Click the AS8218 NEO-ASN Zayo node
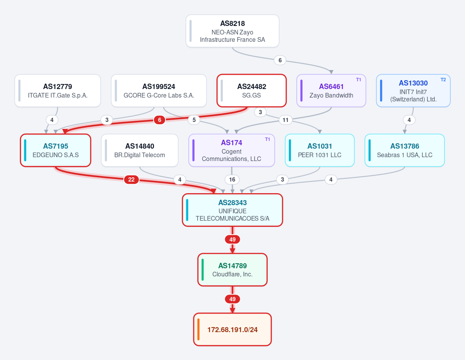click(232, 31)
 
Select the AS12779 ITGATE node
click(58, 91)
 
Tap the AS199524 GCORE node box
click(159, 91)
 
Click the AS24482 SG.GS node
click(251, 91)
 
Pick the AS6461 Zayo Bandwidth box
click(331, 91)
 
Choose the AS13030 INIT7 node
click(413, 91)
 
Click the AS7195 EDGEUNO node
click(56, 150)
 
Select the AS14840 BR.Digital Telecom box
click(139, 150)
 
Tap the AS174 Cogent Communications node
click(232, 150)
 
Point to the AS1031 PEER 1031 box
click(320, 150)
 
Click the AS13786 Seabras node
click(405, 150)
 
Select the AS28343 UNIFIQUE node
click(232, 210)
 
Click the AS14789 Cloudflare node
click(232, 269)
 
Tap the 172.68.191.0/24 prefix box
click(232, 329)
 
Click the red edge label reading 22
click(131, 180)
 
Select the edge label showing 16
click(232, 180)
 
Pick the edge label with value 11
click(286, 120)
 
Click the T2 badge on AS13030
click(443, 80)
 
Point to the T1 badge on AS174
click(267, 139)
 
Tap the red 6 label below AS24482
click(159, 120)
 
